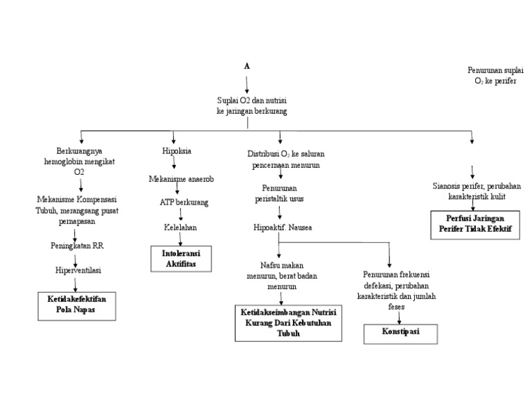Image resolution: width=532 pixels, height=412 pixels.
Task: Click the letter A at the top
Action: tap(247, 66)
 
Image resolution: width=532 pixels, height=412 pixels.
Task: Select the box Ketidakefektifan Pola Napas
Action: tap(76, 305)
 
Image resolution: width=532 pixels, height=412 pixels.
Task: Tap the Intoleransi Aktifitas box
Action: tap(180, 259)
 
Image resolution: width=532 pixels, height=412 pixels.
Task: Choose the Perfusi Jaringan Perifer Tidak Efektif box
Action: tap(475, 224)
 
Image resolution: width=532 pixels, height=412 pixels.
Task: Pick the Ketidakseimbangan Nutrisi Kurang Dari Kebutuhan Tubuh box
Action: tap(288, 322)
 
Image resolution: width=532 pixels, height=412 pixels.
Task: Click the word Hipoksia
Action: tap(176, 151)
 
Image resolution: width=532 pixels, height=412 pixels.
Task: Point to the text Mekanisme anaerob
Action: tap(181, 178)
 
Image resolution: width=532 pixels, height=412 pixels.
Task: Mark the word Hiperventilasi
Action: tap(78, 271)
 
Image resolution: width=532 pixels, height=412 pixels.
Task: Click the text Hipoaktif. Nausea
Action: tap(281, 227)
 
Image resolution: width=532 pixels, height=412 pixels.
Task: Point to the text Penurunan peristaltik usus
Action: tap(282, 194)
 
